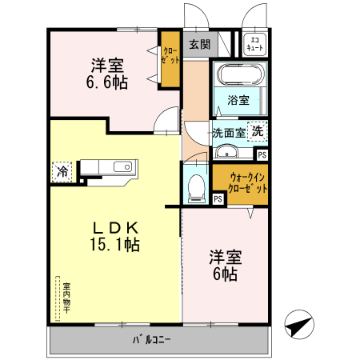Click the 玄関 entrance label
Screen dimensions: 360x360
199,44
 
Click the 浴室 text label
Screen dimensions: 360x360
238,102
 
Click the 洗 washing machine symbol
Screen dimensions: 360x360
258,130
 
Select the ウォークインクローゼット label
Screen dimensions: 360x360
245,181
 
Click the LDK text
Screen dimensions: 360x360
114,226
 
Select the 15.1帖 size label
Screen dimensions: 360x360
114,245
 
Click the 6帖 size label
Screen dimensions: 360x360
224,274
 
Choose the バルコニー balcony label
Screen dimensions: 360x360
152,341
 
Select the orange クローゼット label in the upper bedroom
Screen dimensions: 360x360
170,56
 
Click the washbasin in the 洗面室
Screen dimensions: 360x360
228,153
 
